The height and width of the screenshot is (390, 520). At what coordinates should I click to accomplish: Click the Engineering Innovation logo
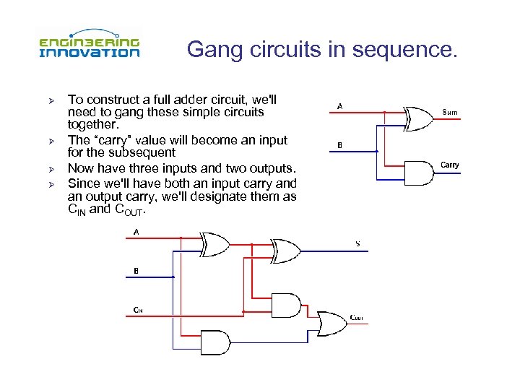pos(89,47)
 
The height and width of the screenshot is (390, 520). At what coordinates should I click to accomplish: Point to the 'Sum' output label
pos(449,112)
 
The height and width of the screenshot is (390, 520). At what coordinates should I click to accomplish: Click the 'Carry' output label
pos(449,165)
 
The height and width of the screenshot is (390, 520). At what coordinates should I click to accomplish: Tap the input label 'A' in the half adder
pos(339,106)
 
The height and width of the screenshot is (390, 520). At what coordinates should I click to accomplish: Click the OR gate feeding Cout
pos(328,319)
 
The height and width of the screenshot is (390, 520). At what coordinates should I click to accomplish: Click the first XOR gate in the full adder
pos(214,243)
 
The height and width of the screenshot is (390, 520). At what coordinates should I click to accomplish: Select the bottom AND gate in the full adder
pos(216,341)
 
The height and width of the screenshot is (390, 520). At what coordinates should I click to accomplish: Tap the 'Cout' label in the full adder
pos(356,317)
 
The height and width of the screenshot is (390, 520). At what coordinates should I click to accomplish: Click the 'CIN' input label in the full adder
pos(137,310)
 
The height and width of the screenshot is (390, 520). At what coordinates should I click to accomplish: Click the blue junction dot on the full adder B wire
pos(173,277)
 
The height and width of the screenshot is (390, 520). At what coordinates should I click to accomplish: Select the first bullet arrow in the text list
pos(51,100)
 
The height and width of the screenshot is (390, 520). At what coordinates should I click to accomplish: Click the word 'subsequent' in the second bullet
pos(147,152)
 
